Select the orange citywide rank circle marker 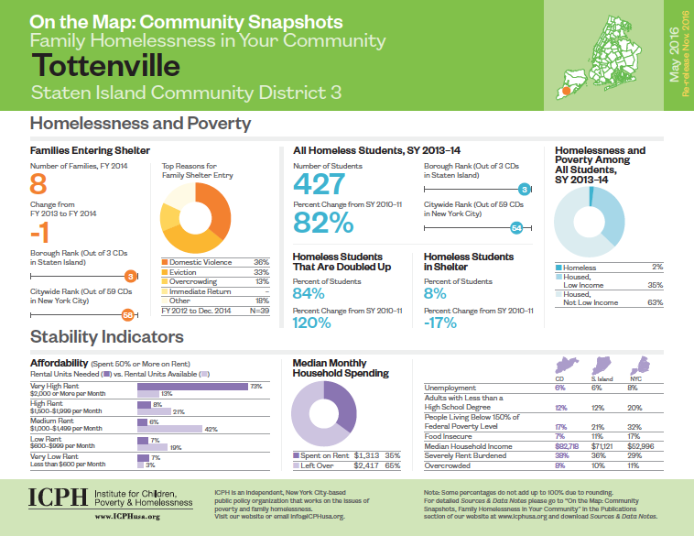point(127,316)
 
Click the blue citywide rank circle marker point(516,228)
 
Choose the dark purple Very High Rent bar point(192,388)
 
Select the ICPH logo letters point(57,498)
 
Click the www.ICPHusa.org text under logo point(128,518)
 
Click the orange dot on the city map point(568,91)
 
